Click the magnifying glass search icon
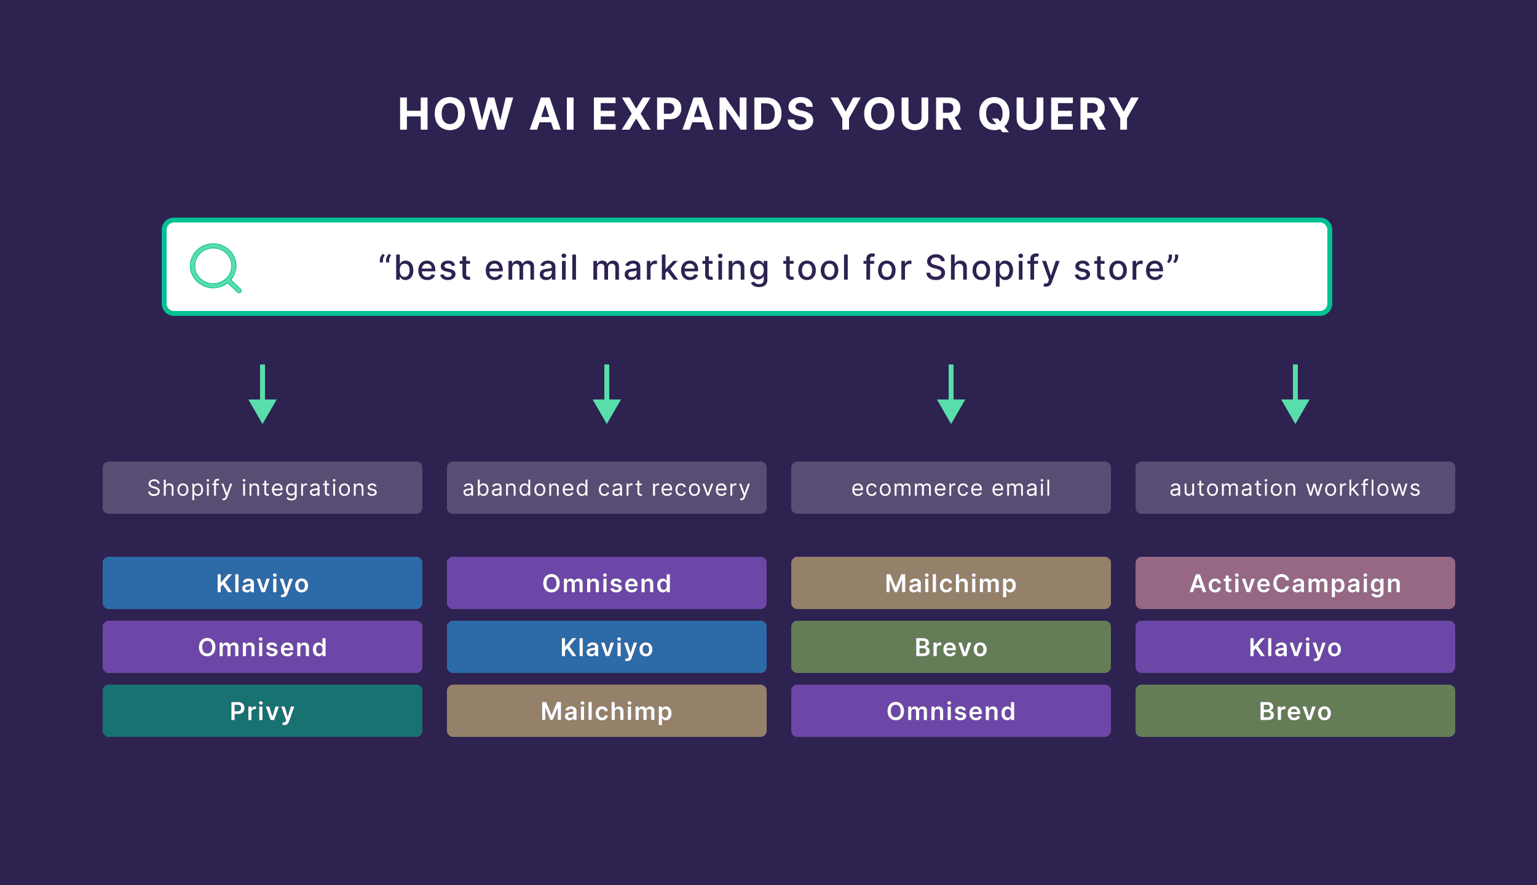coord(215,267)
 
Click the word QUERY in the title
coord(1058,115)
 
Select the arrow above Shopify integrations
coord(263,394)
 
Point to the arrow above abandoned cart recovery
coord(607,394)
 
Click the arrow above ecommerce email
coord(951,394)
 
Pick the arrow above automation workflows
coord(1295,394)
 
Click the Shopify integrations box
coord(263,488)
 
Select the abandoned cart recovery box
coord(607,488)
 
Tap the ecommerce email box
coord(951,488)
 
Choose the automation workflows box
coord(1295,488)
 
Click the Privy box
coord(263,711)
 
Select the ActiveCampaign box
coord(1295,583)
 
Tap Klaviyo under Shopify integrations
coord(263,583)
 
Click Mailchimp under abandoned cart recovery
coord(607,711)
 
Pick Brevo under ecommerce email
coord(951,647)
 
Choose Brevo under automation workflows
coord(1295,711)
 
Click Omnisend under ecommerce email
coord(951,711)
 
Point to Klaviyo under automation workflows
coord(1295,647)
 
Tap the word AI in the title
coord(553,115)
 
